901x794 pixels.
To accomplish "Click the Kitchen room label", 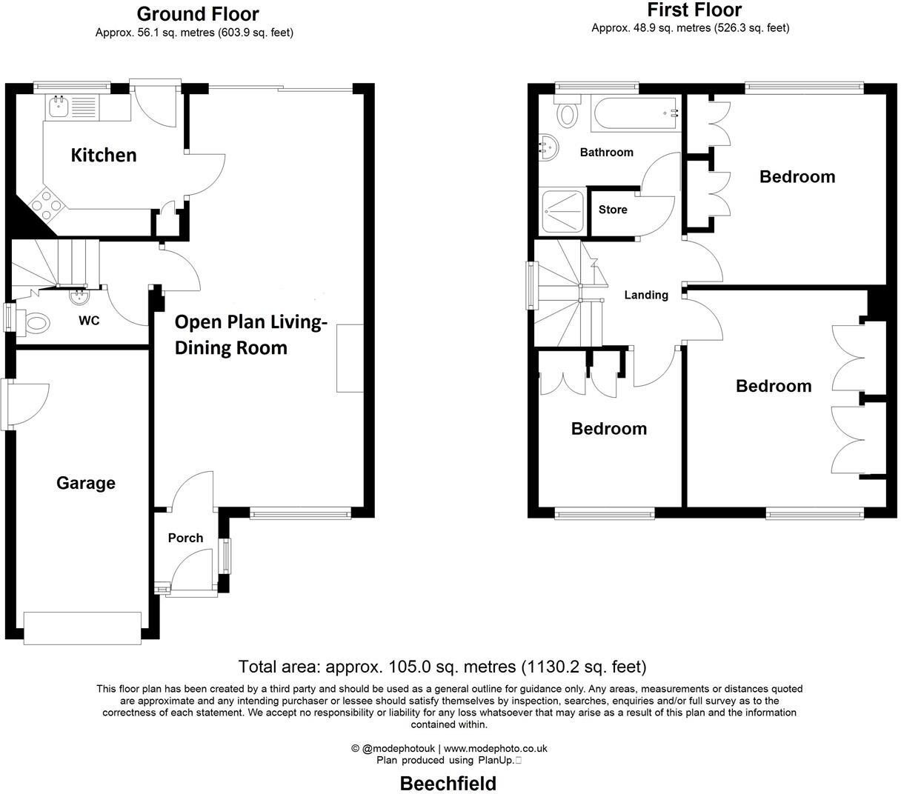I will click(104, 155).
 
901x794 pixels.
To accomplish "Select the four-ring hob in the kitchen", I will click(45, 205).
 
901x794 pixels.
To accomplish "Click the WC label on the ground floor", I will click(89, 321).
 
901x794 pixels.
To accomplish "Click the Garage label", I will click(86, 483).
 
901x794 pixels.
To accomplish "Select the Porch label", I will click(185, 538).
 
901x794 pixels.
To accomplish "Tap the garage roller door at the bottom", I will click(82, 627).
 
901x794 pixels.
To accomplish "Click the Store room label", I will click(613, 210).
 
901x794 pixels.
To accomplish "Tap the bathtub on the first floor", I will click(636, 114).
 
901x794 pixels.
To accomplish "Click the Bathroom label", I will click(606, 153).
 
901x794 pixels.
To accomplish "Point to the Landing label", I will click(646, 295).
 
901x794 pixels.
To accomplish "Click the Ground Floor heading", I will click(198, 14).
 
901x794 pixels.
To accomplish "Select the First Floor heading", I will click(694, 10).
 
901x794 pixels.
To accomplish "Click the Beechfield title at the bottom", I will click(448, 784).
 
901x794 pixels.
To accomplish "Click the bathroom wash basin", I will click(548, 146).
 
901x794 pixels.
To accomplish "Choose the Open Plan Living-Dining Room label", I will click(250, 335).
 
